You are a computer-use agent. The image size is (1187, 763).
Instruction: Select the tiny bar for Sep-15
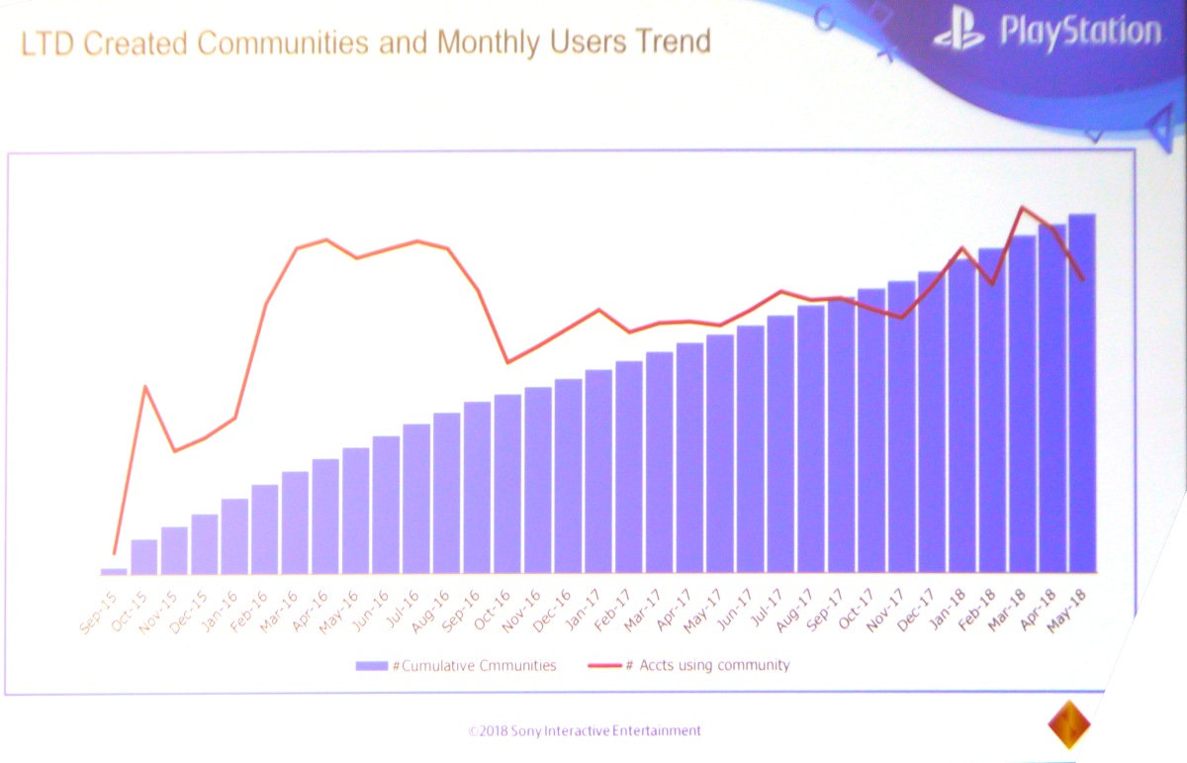coord(114,570)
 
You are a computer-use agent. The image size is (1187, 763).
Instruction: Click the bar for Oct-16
coord(507,484)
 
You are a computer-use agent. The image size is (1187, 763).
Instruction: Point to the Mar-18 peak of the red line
coord(1022,208)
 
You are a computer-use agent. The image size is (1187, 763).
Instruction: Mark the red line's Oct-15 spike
coord(145,387)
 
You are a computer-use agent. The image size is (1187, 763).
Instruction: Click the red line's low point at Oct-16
coord(507,362)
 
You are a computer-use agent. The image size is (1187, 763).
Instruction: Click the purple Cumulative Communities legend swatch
coord(372,666)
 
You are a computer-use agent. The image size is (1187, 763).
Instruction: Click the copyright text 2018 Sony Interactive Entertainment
coord(585,731)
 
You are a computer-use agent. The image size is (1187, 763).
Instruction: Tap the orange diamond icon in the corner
coord(1068,723)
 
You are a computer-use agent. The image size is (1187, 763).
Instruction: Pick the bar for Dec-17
coord(931,422)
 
